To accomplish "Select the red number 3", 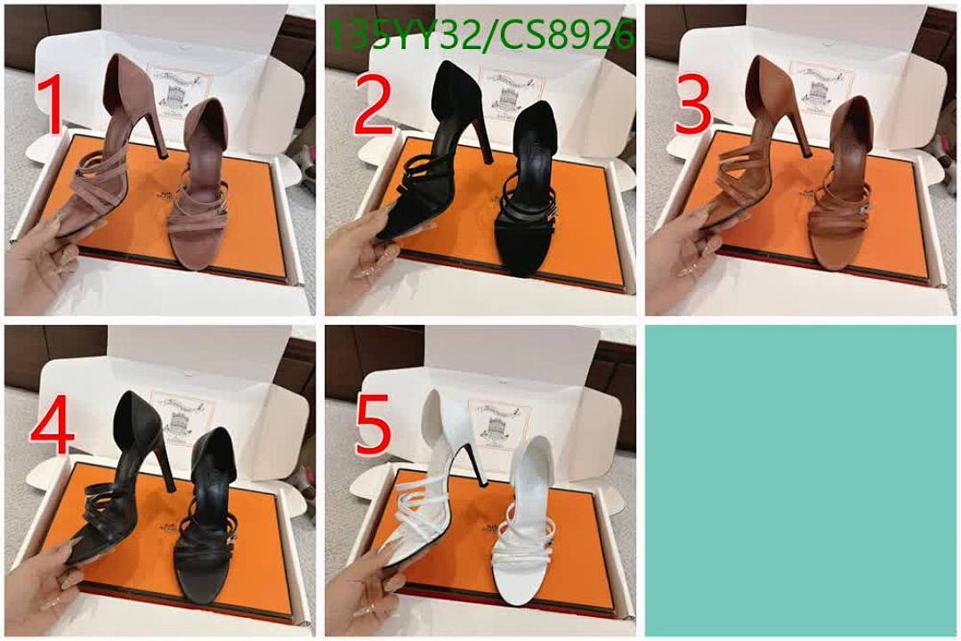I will (692, 105).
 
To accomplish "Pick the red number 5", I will (372, 426).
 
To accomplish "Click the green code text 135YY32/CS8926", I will (481, 36).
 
